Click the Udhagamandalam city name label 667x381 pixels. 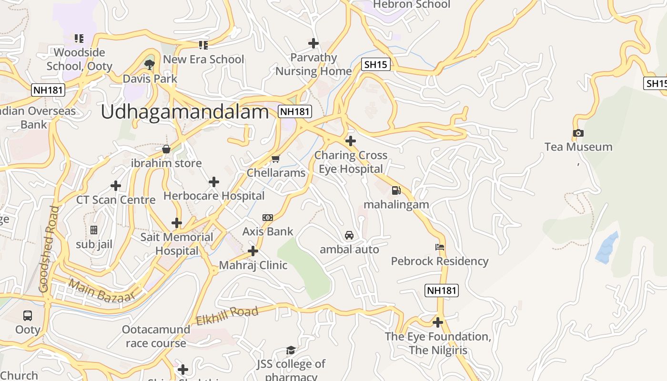(x=185, y=112)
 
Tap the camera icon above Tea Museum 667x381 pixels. (x=578, y=133)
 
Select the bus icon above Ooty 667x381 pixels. (x=28, y=315)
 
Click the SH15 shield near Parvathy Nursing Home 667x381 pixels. (x=375, y=65)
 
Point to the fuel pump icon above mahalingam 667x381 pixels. (x=396, y=190)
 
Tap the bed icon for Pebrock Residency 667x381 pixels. (x=440, y=247)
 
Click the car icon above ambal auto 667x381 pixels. (x=349, y=235)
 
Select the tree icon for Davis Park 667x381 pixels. (x=150, y=65)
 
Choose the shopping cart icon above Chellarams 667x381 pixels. (x=275, y=159)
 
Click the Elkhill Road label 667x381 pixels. (x=227, y=316)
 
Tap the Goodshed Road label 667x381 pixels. (x=49, y=249)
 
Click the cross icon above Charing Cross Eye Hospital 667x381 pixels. (x=351, y=141)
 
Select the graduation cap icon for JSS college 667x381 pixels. (x=291, y=351)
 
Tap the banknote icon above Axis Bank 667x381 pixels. (x=268, y=218)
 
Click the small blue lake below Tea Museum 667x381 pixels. (x=607, y=248)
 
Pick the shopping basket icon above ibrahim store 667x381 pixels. (x=166, y=149)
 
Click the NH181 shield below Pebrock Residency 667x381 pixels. (x=441, y=290)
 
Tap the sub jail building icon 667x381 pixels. (x=94, y=230)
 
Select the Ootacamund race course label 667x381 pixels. (x=156, y=336)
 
